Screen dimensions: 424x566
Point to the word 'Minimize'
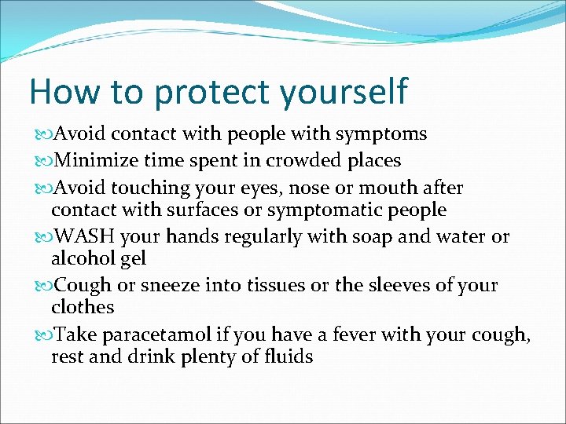pyautogui.click(x=93, y=161)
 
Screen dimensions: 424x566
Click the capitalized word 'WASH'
pyautogui.click(x=82, y=237)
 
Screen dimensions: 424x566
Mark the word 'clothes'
pyautogui.click(x=83, y=307)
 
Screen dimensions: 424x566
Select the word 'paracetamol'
pyautogui.click(x=164, y=335)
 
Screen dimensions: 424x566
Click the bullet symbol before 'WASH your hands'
pyautogui.click(x=42, y=238)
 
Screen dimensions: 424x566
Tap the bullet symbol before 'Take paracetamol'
pyautogui.click(x=42, y=336)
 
